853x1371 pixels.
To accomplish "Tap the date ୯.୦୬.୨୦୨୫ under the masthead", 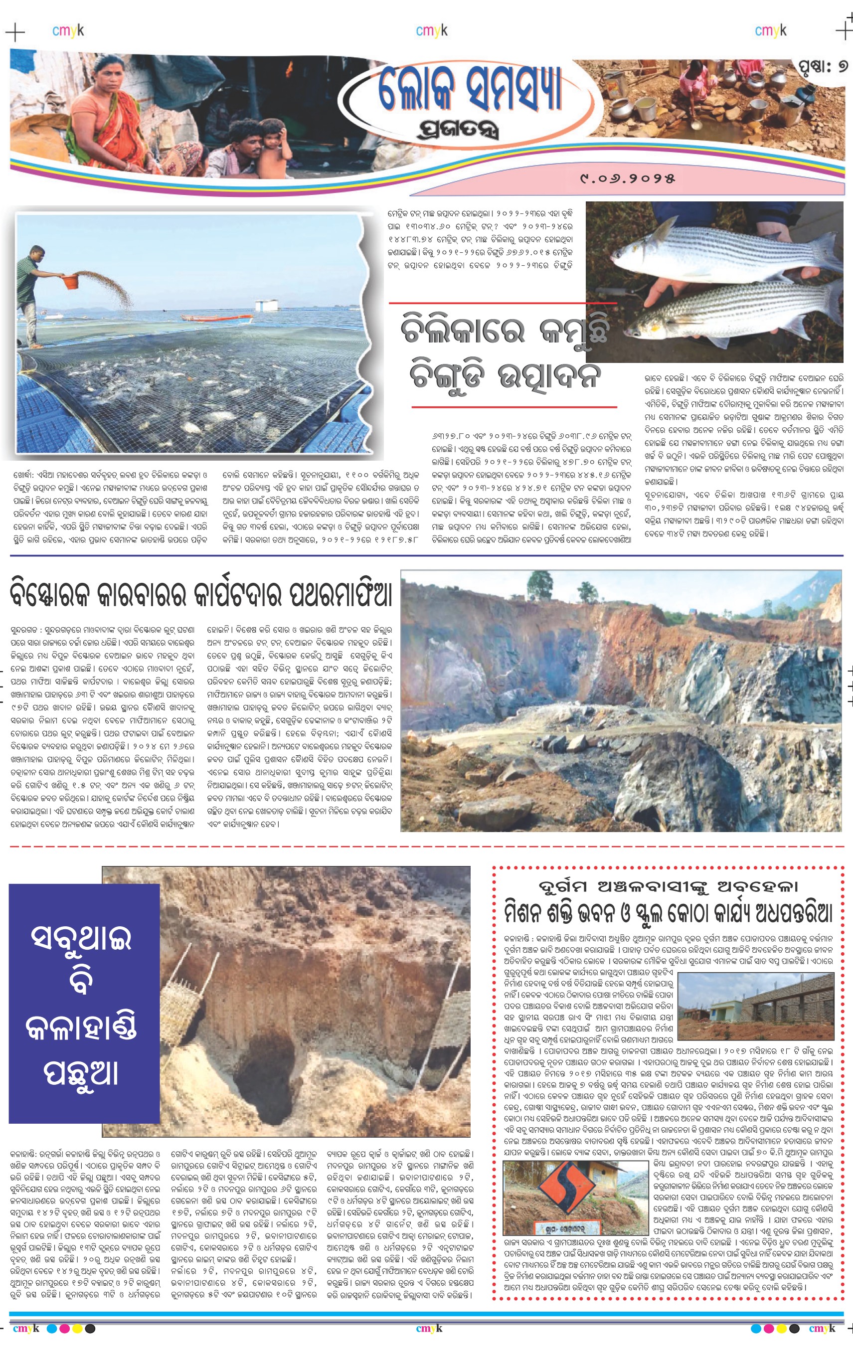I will coord(627,179).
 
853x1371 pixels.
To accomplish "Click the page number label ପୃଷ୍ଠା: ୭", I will coord(823,67).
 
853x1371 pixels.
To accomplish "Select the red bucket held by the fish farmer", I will coord(70,280).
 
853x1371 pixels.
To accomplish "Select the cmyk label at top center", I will coord(432,30).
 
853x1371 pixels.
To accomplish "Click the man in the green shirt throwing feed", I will coord(29,293).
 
